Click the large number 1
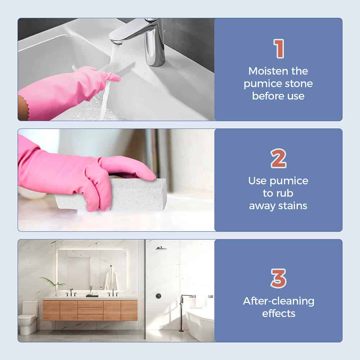pyautogui.click(x=279, y=49)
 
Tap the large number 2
pyautogui.click(x=279, y=158)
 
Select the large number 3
pyautogui.click(x=279, y=278)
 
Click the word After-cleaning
pyautogui.click(x=279, y=301)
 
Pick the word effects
pyautogui.click(x=279, y=314)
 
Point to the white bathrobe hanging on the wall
pyautogui.click(x=111, y=280)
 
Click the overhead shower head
pyautogui.click(x=161, y=248)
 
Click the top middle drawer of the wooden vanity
pyautogui.click(x=90, y=304)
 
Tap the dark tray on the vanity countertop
pyautogui.click(x=92, y=296)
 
